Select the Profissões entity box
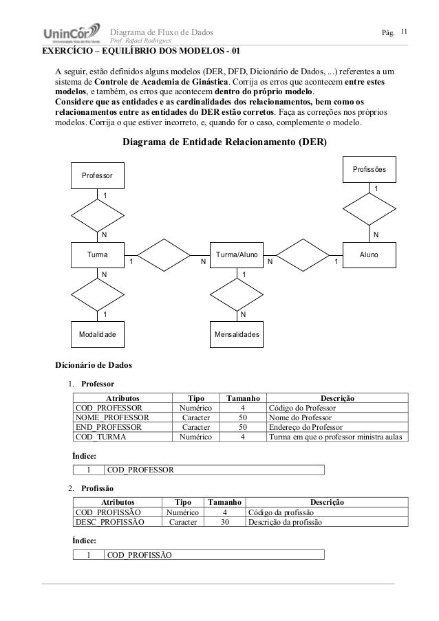(x=369, y=169)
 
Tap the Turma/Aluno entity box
(x=237, y=255)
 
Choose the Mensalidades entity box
(x=237, y=334)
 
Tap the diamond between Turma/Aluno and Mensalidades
(x=237, y=294)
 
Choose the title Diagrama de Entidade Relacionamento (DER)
(x=224, y=143)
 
